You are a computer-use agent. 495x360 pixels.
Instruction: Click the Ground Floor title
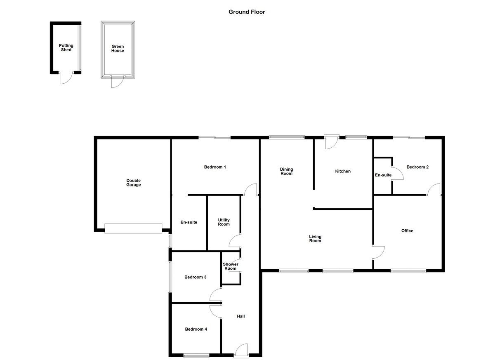pos(247,12)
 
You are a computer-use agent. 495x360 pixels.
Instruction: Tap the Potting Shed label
pos(66,48)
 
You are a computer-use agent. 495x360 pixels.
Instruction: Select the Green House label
pos(118,49)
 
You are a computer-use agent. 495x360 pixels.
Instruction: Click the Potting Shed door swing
pos(66,78)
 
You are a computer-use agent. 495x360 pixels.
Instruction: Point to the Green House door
pos(117,82)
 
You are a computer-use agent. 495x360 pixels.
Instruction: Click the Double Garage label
pos(134,183)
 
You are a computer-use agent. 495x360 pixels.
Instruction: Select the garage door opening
pos(133,228)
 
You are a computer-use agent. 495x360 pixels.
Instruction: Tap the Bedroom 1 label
pos(215,167)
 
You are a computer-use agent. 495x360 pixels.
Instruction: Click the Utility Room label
pos(224,222)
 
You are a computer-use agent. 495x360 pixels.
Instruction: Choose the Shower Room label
pos(230,266)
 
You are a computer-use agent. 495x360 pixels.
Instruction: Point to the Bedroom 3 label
pos(196,277)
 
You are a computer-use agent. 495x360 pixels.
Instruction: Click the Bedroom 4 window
pos(196,355)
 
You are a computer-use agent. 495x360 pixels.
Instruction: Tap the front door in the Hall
pos(241,351)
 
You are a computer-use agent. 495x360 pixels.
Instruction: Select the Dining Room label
pos(286,171)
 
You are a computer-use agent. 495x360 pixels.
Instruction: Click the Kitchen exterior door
pos(331,142)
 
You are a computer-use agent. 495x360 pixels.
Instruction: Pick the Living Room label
pos(315,239)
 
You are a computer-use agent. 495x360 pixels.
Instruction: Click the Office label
pos(407,231)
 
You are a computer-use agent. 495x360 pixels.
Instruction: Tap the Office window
pos(408,271)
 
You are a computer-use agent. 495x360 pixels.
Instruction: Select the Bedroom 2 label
pos(417,167)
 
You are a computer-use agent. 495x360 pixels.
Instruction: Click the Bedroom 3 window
pos(169,277)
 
